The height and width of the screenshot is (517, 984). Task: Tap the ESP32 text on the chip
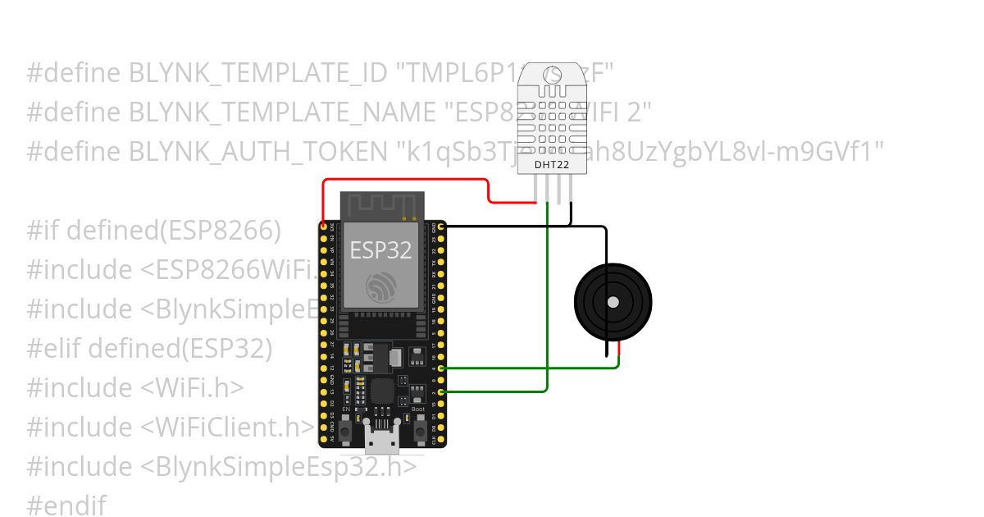tap(381, 249)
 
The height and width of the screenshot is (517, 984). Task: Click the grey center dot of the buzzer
tap(613, 302)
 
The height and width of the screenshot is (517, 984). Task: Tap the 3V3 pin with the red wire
tap(324, 225)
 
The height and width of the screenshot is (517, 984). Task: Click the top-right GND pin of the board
tap(442, 225)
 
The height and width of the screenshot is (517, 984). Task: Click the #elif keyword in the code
tap(53, 349)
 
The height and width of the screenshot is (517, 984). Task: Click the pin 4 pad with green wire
tap(442, 368)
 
